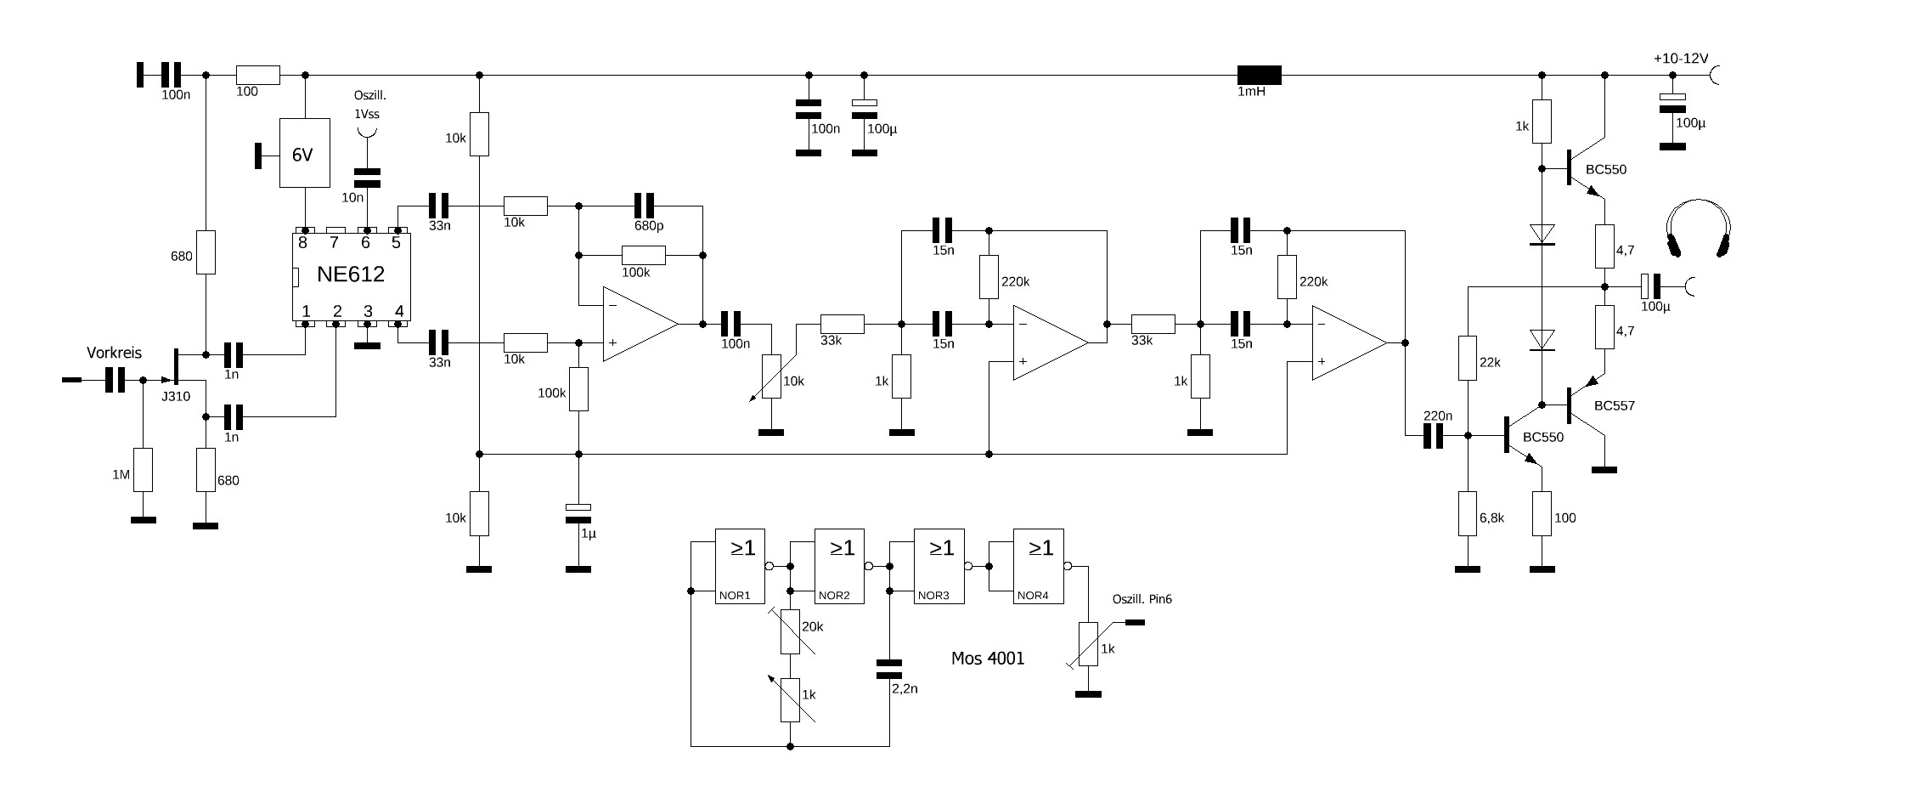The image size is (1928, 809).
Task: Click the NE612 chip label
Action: click(351, 274)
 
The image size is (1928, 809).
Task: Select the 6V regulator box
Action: click(305, 153)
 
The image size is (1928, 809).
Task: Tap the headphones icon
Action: click(1698, 229)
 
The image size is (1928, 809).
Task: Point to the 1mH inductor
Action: click(1259, 76)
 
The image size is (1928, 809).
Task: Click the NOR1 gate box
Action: click(740, 566)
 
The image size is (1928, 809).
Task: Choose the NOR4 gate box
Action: click(1038, 566)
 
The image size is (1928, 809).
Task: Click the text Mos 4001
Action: click(988, 659)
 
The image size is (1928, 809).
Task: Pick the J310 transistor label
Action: click(176, 396)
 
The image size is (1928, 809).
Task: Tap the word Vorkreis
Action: click(114, 352)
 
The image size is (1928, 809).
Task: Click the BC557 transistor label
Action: click(1614, 406)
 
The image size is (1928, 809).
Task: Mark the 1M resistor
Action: click(143, 470)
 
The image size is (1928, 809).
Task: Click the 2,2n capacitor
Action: click(889, 668)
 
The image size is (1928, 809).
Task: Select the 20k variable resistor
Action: click(791, 631)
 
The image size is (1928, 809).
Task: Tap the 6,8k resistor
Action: click(1467, 513)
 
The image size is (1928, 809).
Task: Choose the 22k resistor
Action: click(1467, 358)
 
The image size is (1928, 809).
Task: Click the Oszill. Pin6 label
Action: click(1142, 599)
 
